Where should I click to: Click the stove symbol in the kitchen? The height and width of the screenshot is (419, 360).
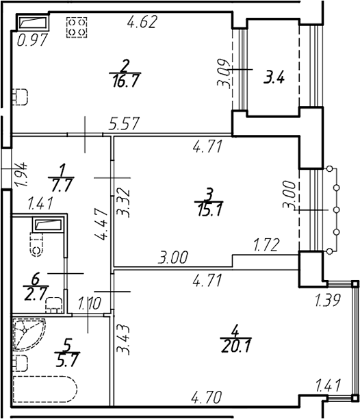pyautogui.click(x=77, y=27)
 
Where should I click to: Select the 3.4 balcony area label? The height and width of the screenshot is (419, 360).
pyautogui.click(x=274, y=78)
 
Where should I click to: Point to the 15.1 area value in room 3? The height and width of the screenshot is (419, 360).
pyautogui.click(x=209, y=209)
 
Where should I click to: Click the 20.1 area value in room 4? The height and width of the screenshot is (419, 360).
pyautogui.click(x=235, y=346)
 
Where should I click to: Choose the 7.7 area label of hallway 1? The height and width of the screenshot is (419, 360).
pyautogui.click(x=62, y=185)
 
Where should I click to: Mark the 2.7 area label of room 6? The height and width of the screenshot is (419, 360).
pyautogui.click(x=36, y=293)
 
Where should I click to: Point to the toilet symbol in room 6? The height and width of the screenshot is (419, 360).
pyautogui.click(x=37, y=245)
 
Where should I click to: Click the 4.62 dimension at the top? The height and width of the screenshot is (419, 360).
pyautogui.click(x=142, y=22)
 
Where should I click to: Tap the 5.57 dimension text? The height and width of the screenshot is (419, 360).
pyautogui.click(x=124, y=123)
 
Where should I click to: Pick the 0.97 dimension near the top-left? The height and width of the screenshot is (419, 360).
pyautogui.click(x=33, y=40)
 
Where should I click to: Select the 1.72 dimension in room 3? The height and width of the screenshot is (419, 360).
pyautogui.click(x=266, y=245)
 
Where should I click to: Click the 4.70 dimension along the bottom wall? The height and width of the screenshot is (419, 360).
pyautogui.click(x=207, y=397)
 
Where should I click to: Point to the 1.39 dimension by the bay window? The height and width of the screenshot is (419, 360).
pyautogui.click(x=328, y=300)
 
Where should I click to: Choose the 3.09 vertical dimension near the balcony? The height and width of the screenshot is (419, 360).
pyautogui.click(x=224, y=73)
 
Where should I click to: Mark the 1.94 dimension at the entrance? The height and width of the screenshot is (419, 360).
pyautogui.click(x=21, y=174)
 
